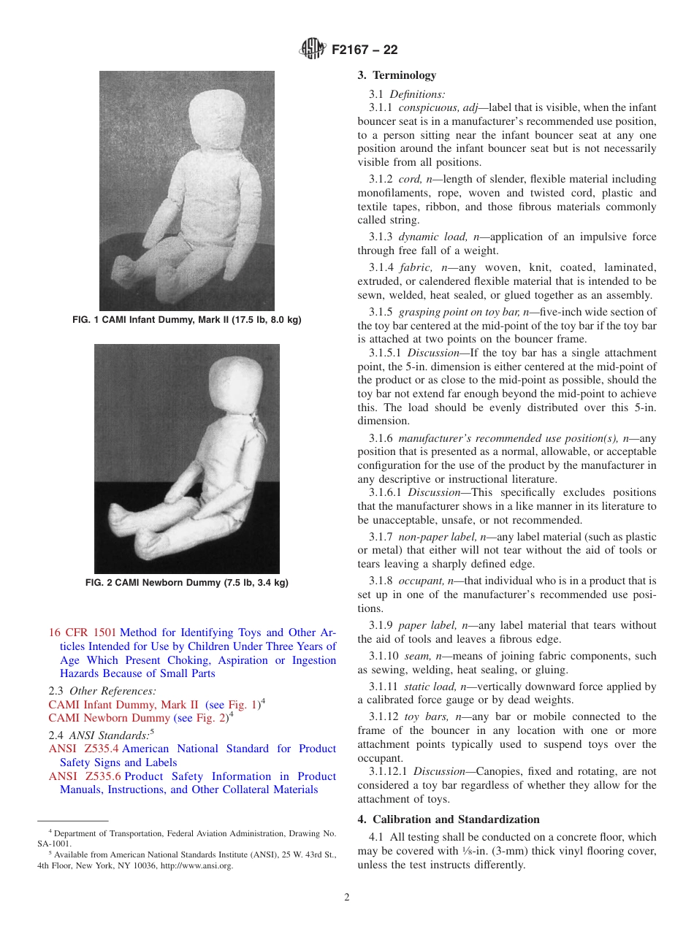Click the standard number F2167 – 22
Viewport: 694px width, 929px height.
[365, 50]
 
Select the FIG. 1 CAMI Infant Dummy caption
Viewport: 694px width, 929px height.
[187, 320]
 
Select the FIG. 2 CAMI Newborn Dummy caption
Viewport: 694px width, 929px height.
[187, 582]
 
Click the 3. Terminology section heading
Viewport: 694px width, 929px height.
[397, 75]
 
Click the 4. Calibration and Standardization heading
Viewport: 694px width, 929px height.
[449, 819]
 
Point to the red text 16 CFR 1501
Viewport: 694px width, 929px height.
[82, 632]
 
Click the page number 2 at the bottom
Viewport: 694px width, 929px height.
[347, 898]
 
